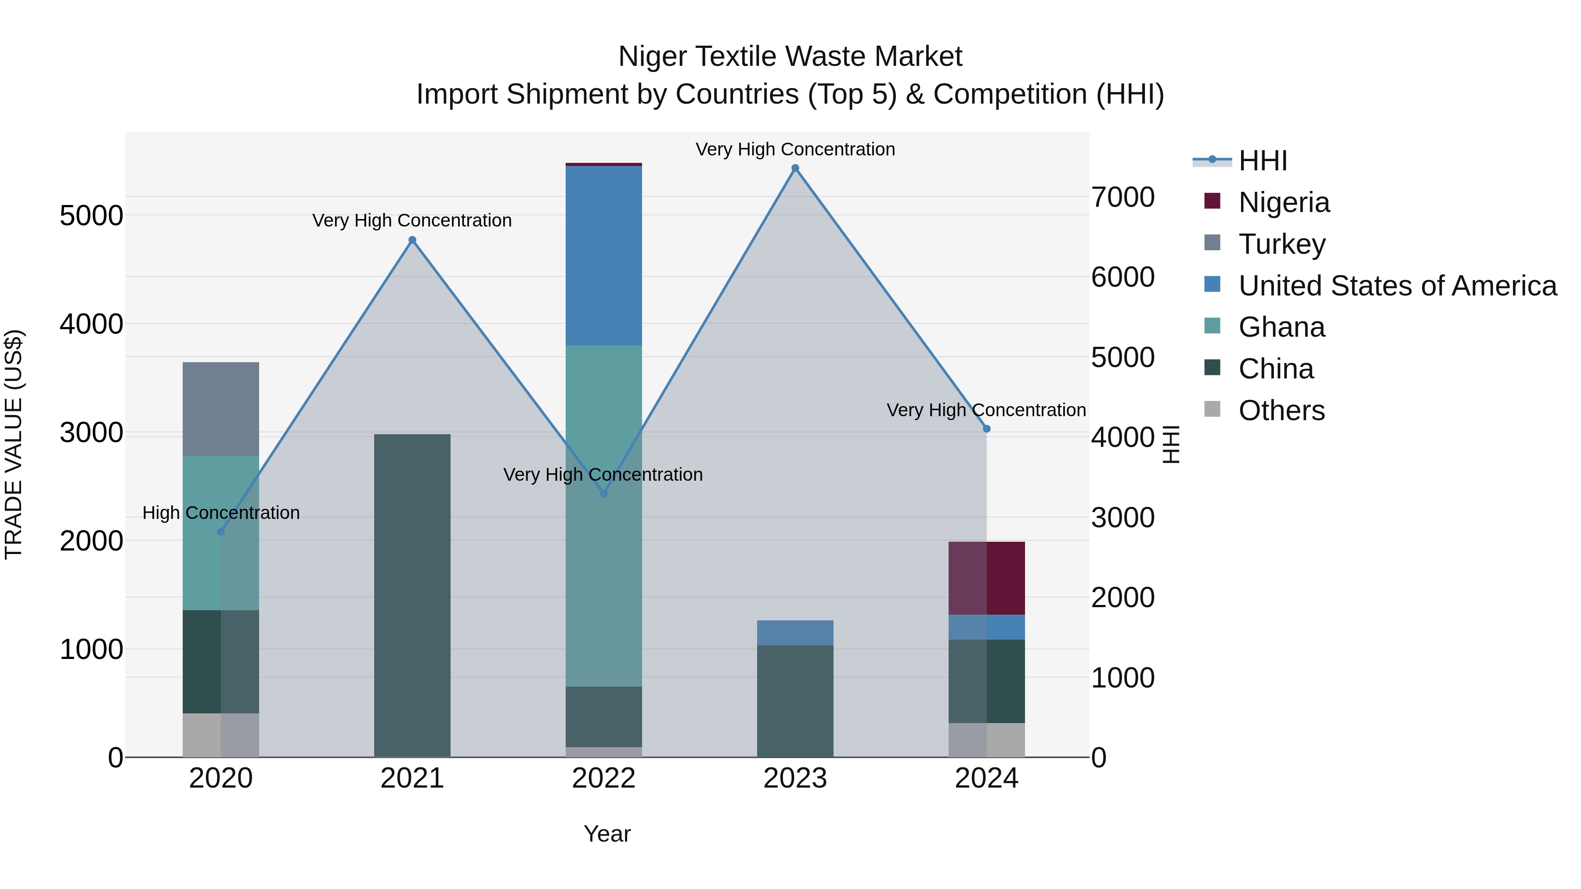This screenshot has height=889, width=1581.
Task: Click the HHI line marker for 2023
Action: [x=795, y=168]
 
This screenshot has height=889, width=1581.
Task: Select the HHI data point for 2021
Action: [x=412, y=240]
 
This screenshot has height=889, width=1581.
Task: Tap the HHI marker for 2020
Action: [x=221, y=531]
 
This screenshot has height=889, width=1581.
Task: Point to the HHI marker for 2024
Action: [x=986, y=429]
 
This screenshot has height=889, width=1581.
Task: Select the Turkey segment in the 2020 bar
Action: [x=221, y=409]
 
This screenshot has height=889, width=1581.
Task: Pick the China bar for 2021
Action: [x=412, y=595]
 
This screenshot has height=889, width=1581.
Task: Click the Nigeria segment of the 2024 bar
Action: [x=986, y=578]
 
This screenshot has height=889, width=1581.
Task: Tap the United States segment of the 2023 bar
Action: [x=795, y=633]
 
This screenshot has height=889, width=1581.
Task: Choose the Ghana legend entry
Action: [x=1281, y=327]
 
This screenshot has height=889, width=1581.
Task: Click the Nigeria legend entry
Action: [x=1284, y=202]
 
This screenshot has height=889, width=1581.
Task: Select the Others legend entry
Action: [x=1281, y=410]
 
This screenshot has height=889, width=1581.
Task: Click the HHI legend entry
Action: [x=1263, y=161]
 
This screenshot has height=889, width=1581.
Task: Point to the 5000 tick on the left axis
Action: [x=91, y=216]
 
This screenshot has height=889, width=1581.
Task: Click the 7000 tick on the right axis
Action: [x=1123, y=198]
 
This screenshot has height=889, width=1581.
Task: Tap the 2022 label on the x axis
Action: [x=603, y=778]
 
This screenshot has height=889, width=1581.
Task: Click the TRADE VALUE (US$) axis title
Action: [x=14, y=444]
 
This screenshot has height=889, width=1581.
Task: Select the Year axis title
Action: [x=607, y=834]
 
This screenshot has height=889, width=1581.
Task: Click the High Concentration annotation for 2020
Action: [x=221, y=512]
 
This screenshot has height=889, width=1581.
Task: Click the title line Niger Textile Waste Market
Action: [x=790, y=57]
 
